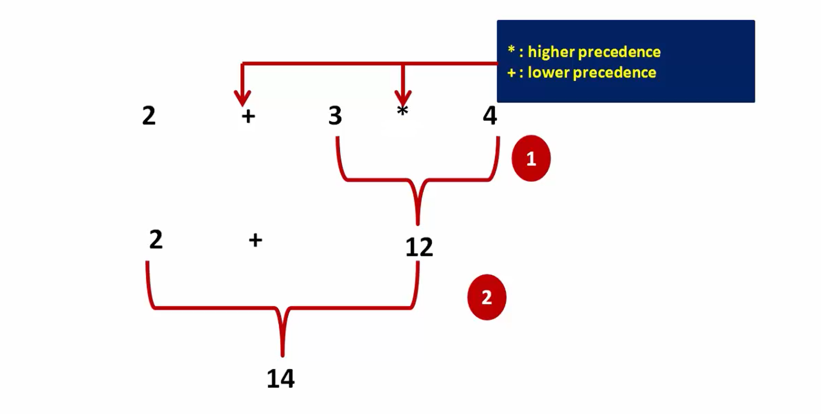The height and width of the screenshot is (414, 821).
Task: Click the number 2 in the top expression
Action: (x=149, y=115)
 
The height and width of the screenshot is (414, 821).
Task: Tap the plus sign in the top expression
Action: (x=248, y=116)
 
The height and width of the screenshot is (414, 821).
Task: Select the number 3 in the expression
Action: (x=335, y=115)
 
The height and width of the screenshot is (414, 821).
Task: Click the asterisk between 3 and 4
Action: (x=402, y=110)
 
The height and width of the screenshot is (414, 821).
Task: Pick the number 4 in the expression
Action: (x=490, y=115)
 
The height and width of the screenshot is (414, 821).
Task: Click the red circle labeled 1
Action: (x=531, y=158)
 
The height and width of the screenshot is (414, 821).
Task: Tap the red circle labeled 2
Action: (x=487, y=297)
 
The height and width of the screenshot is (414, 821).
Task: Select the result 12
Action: (x=419, y=247)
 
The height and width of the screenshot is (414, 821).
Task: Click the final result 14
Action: (x=281, y=379)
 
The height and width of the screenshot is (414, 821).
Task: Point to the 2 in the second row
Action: (x=156, y=239)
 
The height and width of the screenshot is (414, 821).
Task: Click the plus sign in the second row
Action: (x=255, y=240)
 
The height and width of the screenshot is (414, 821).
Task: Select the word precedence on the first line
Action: (x=619, y=52)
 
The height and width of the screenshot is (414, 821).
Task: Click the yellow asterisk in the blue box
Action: (x=511, y=49)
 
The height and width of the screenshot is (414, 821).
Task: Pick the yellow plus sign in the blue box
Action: (x=512, y=73)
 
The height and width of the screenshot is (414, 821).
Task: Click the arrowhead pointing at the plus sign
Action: (x=242, y=98)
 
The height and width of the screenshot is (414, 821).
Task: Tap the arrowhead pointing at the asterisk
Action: (x=403, y=98)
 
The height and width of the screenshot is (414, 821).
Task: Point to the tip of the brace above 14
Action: (x=283, y=356)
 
